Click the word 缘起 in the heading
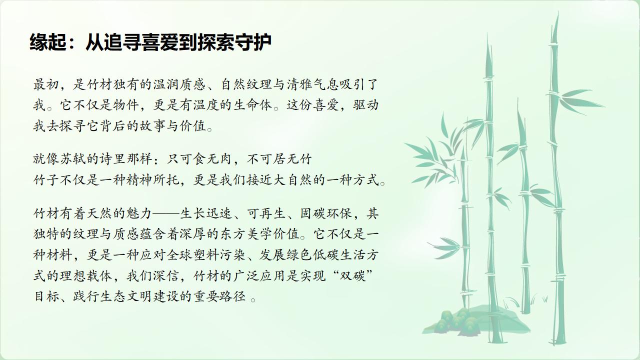point(47,42)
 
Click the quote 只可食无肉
point(199,159)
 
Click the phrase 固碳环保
point(326,213)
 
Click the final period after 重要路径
point(253,299)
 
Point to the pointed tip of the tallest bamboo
point(558,12)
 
